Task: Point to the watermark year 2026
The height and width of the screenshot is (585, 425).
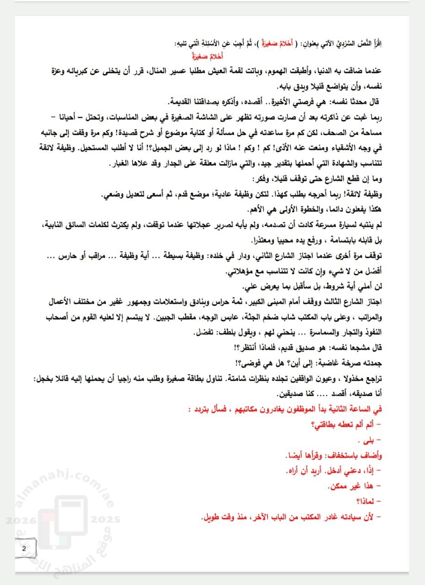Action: (18, 520)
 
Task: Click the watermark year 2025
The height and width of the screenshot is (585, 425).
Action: (106, 520)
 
